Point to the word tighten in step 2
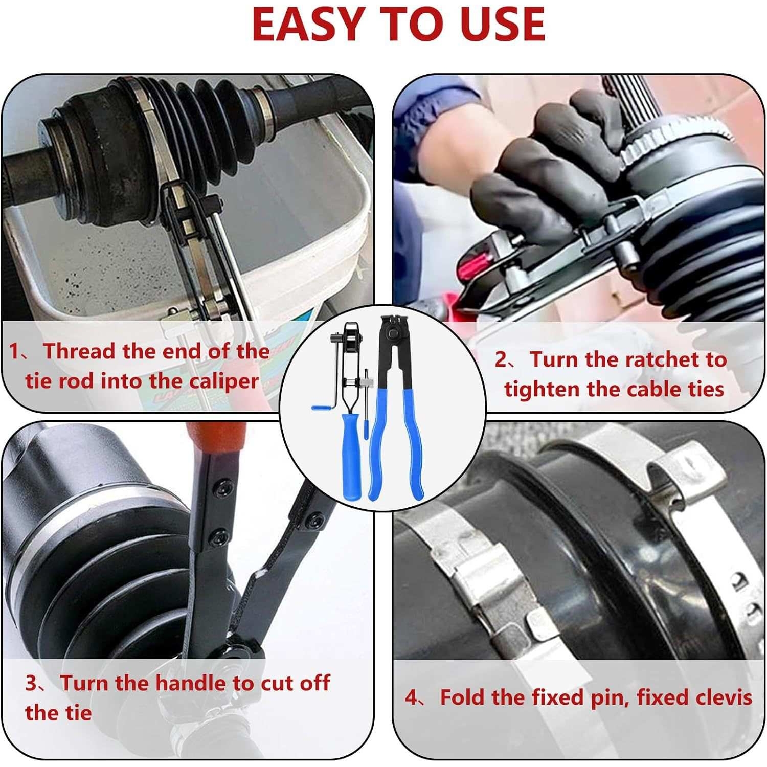[542, 390]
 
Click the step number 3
[31, 684]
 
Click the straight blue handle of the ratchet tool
[352, 455]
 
